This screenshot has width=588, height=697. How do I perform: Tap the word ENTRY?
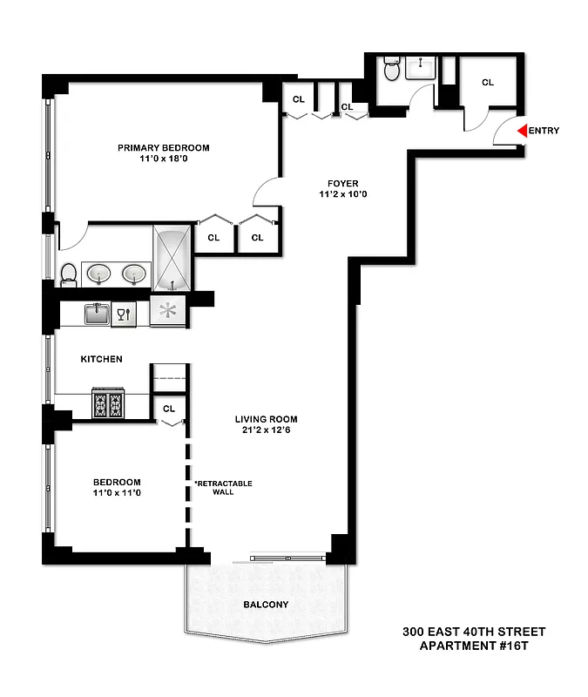pos(544,132)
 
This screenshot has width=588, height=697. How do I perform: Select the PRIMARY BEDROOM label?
pos(164,148)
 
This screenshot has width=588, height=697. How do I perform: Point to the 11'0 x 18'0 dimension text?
pos(164,159)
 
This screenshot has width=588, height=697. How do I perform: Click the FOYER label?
pos(342,183)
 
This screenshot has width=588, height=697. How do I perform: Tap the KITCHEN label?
pos(101,359)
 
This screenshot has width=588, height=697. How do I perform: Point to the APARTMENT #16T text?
pos(474,646)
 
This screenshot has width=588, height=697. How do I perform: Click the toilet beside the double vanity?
pos(69,274)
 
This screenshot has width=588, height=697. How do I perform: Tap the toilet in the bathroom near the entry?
pos(391,69)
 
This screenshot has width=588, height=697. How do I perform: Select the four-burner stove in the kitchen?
pos(108,405)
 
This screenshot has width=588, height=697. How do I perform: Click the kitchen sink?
pos(96,313)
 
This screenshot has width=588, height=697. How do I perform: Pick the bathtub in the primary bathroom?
pos(172,258)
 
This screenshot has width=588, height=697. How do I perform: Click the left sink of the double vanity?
pos(96,274)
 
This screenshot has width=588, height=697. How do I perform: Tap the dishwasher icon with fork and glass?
pos(124,314)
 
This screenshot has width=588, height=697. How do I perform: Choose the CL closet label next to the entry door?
pos(487,83)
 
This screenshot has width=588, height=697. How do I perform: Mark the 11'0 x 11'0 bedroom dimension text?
pos(117,493)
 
